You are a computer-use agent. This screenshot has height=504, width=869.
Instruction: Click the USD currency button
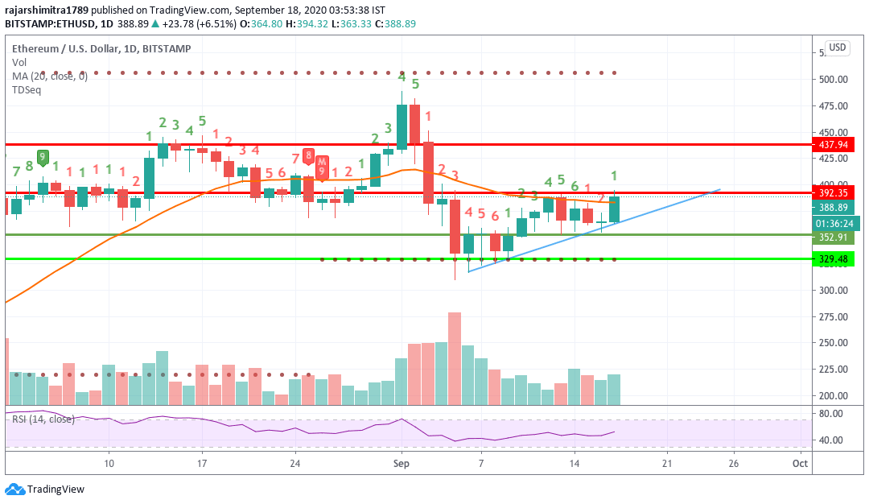coord(838,48)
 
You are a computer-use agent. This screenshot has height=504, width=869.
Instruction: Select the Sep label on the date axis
coord(402,463)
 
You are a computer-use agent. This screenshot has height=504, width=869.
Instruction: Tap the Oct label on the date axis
coord(800,463)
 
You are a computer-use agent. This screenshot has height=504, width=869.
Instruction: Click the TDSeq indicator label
coord(27,89)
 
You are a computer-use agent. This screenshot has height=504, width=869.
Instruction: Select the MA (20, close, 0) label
coord(50,76)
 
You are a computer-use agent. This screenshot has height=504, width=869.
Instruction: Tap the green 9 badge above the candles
coord(43,156)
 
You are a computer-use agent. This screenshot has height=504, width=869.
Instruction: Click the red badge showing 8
coord(308,157)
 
